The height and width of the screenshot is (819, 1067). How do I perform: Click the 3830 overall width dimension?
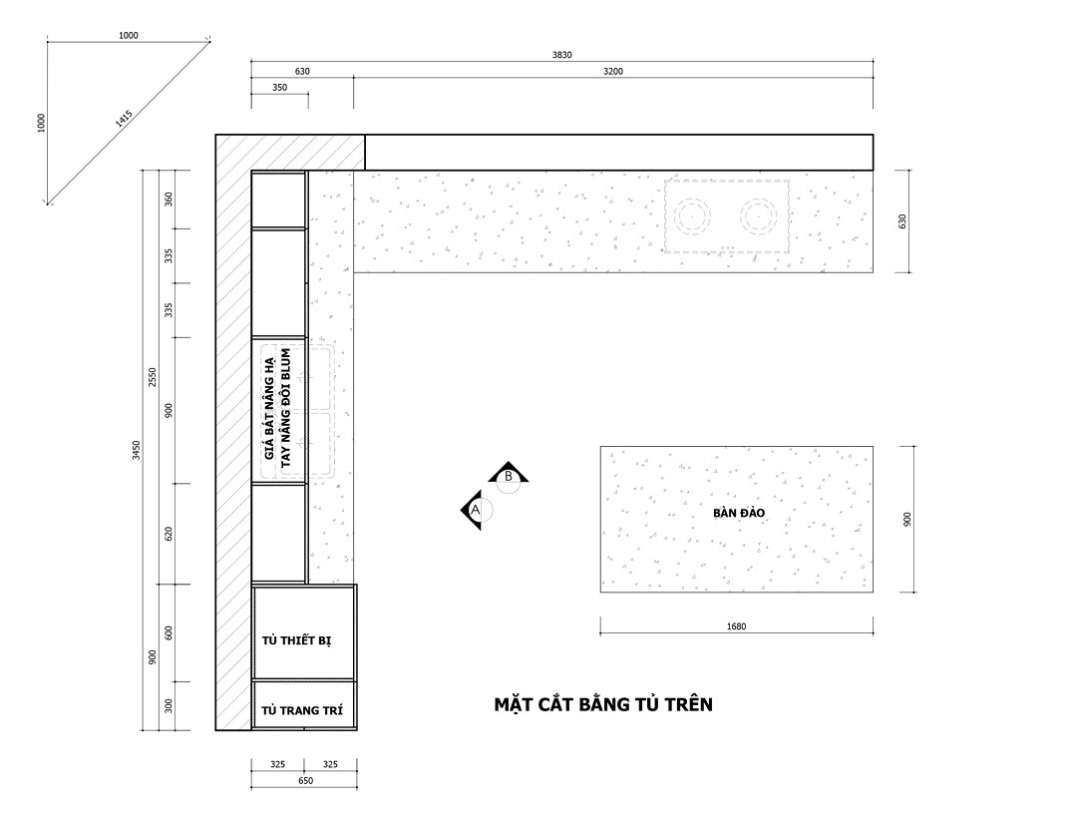(x=562, y=55)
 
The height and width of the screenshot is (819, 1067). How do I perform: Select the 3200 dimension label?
(x=613, y=72)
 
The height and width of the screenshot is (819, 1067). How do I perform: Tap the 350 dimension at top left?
(x=279, y=88)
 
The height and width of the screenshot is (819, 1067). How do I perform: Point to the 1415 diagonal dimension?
(x=124, y=119)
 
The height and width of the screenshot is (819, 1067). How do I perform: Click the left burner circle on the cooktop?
(x=693, y=216)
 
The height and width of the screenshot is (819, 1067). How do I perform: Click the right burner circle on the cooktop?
(x=759, y=216)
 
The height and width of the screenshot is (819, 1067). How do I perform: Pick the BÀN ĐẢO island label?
(x=739, y=513)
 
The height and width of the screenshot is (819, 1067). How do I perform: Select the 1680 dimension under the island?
(x=736, y=626)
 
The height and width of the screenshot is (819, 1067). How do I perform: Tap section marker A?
(x=475, y=509)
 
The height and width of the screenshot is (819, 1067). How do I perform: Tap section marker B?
(x=509, y=476)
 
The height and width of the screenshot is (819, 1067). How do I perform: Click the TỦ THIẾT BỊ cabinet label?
(x=297, y=640)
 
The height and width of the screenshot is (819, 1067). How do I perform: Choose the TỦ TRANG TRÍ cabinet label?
(x=302, y=710)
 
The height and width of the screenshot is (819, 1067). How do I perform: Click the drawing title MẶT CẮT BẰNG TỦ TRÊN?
(x=603, y=704)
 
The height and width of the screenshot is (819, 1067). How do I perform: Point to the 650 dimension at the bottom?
(x=305, y=781)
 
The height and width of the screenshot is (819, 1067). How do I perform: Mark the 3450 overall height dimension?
(x=136, y=450)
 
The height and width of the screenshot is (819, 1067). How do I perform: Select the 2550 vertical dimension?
(x=153, y=377)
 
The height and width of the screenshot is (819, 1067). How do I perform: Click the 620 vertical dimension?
(x=169, y=534)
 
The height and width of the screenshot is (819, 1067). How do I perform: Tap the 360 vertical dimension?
(x=169, y=200)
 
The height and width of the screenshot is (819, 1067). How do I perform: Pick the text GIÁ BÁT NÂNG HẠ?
(x=269, y=407)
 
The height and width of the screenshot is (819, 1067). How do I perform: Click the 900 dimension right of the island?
(x=906, y=520)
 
